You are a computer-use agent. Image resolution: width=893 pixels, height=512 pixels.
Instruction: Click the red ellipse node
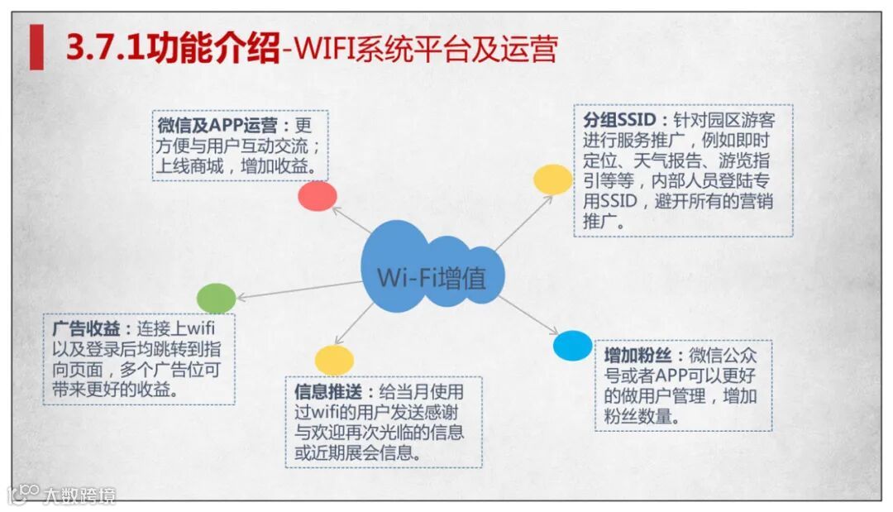[x=318, y=196]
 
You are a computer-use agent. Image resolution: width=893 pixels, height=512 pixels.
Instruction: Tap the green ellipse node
[x=216, y=298]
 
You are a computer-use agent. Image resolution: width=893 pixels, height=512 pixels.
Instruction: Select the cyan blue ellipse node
[x=572, y=346]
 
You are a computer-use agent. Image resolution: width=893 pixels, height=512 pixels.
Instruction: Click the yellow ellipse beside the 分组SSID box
[x=552, y=179]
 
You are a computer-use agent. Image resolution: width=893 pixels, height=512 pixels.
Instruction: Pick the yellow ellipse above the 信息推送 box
[x=334, y=360]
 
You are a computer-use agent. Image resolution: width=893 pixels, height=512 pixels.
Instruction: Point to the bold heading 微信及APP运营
[x=217, y=126]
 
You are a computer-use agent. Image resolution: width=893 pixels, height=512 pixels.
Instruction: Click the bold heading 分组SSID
[x=620, y=120]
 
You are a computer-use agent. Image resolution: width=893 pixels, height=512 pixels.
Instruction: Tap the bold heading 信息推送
[x=329, y=390]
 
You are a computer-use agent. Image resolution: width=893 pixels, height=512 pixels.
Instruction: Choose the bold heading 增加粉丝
[x=638, y=356]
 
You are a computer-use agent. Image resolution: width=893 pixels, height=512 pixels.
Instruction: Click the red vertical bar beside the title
[x=36, y=48]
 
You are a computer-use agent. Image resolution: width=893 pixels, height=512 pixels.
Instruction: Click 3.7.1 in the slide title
[x=104, y=48]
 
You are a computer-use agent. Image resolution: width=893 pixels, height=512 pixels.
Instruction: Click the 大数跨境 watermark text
[x=80, y=495]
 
